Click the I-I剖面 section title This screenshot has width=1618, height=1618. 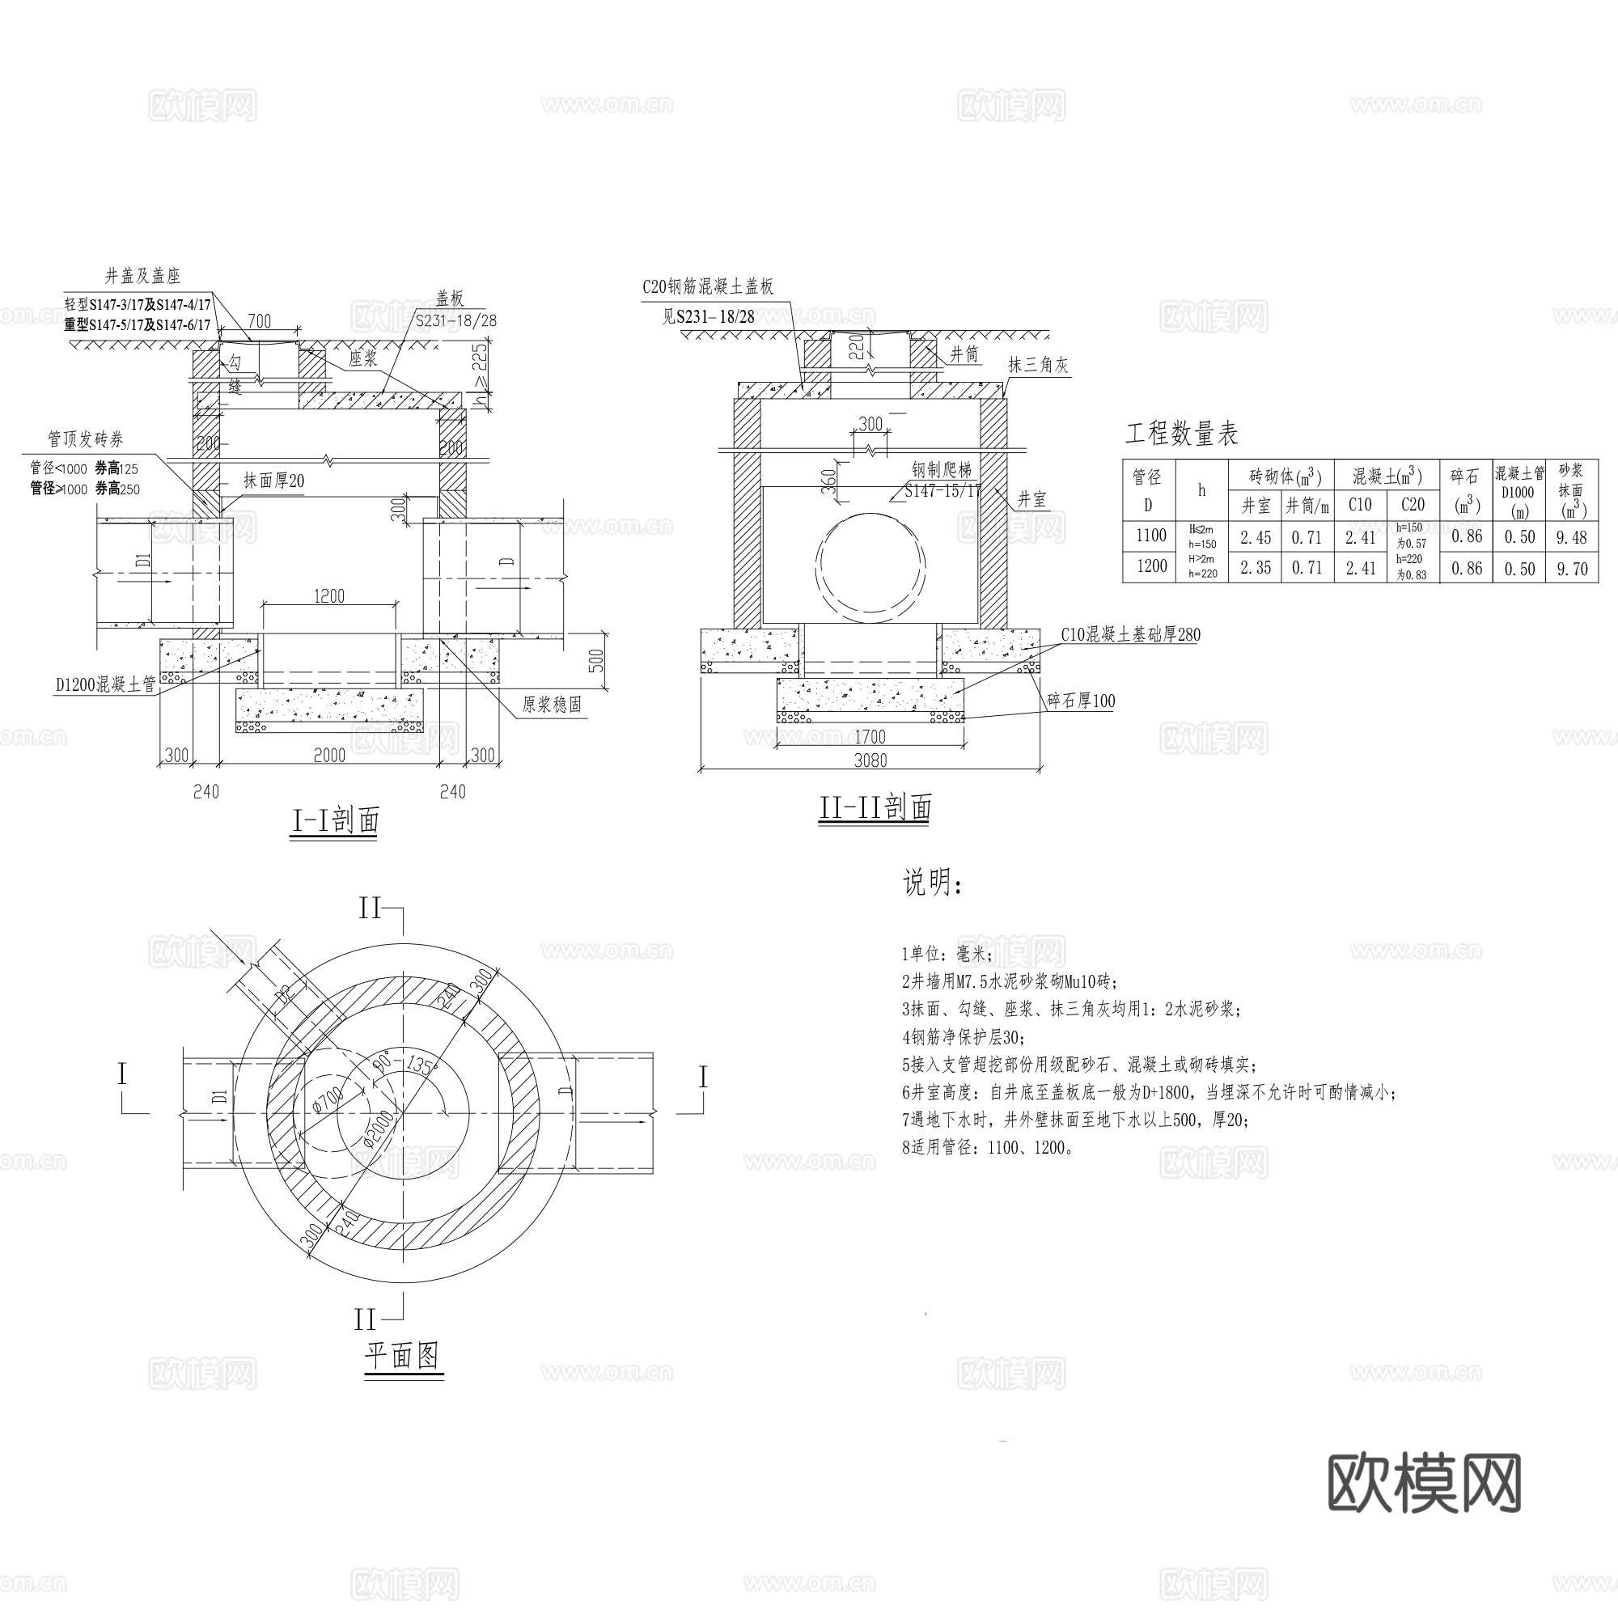(335, 820)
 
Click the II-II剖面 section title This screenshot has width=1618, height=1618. (875, 807)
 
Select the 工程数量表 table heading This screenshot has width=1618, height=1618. (1181, 434)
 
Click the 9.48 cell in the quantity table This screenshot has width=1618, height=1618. (1571, 538)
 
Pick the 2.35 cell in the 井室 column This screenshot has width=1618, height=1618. (1256, 568)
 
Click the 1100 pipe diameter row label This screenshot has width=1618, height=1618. (1150, 535)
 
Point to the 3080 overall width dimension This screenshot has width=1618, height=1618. (870, 760)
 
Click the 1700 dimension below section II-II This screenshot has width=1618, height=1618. (870, 737)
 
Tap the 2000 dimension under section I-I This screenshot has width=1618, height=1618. (329, 756)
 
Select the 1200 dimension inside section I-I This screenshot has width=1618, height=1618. (329, 596)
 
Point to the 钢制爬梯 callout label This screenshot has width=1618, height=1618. (942, 470)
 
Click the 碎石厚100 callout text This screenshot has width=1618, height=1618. (1081, 701)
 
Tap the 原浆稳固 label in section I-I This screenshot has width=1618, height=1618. (552, 705)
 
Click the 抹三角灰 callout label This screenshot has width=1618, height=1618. (1038, 365)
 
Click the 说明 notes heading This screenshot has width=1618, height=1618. (932, 883)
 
